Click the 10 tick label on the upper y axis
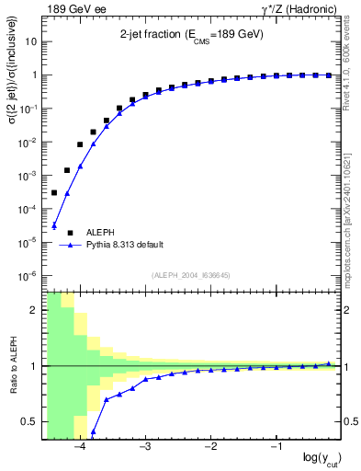[x=31, y=41]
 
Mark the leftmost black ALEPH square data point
[x=54, y=193]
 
